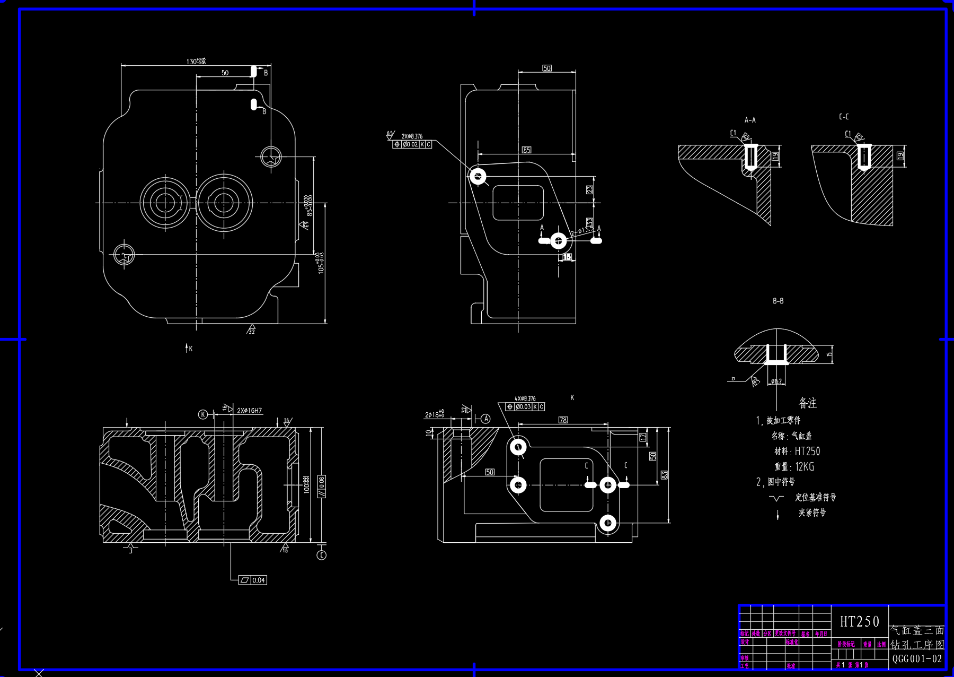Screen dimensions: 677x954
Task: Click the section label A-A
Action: (750, 120)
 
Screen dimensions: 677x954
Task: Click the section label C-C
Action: (844, 117)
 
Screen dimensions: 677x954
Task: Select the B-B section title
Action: (778, 301)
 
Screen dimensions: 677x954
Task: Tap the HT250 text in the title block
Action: (860, 621)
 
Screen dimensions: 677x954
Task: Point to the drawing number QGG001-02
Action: (917, 659)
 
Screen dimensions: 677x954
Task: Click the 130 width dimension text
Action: (196, 62)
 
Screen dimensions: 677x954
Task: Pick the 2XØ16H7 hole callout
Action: (250, 411)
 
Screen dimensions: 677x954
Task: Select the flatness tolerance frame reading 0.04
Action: (253, 580)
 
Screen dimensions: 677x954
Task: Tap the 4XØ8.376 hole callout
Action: (525, 398)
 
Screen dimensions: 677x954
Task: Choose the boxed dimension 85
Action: (526, 150)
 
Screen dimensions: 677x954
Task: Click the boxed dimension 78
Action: (563, 420)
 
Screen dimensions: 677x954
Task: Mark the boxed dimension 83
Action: (664, 474)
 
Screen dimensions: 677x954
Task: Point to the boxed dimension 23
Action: (589, 189)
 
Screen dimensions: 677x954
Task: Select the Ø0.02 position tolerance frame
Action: (412, 144)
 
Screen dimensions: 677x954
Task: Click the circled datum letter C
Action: (321, 555)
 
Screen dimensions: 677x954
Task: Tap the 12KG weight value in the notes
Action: (805, 467)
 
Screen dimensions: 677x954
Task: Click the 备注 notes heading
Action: (807, 403)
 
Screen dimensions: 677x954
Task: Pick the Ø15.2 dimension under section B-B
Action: (775, 381)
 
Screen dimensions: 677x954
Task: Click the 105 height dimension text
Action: (321, 263)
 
